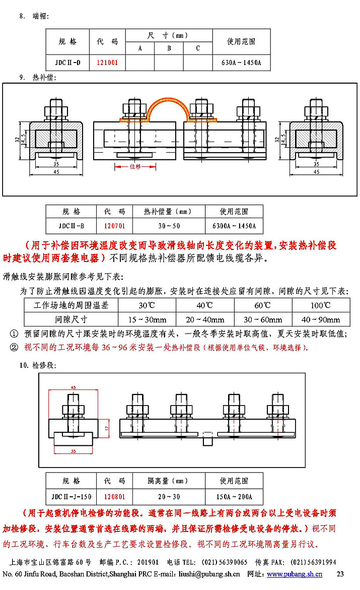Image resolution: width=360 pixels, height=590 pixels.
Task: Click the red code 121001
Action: point(107,63)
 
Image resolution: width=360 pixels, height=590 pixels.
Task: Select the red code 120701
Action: point(114,226)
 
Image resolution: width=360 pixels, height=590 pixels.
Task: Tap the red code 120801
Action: point(114,496)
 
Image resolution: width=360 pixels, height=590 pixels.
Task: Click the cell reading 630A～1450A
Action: point(241,63)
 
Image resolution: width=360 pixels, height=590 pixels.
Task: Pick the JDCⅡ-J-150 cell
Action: point(71,496)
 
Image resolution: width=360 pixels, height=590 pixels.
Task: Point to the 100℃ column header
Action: point(320,305)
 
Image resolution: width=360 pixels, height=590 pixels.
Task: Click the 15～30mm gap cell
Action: point(147,319)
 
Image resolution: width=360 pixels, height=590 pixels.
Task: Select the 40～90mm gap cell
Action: point(320,319)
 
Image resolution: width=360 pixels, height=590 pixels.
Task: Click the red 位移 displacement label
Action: point(135,166)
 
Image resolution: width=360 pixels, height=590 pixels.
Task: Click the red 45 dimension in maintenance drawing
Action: point(73,387)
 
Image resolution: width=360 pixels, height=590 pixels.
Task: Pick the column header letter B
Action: point(169,48)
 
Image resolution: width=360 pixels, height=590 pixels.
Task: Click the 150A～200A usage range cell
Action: point(234,496)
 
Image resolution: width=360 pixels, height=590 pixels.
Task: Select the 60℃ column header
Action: point(263,305)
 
